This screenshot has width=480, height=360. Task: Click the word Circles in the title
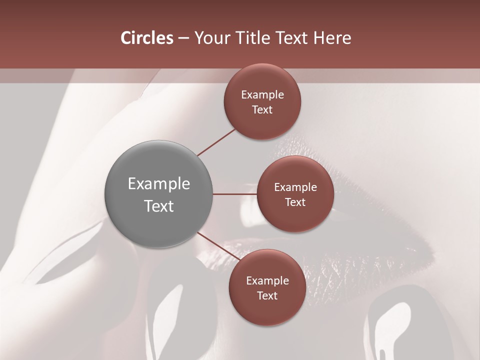tap(146, 38)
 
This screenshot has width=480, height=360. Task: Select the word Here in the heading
tap(332, 38)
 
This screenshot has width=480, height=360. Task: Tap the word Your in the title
tap(211, 38)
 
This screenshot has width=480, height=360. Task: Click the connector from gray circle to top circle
tap(216, 142)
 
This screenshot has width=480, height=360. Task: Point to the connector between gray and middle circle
tap(234, 194)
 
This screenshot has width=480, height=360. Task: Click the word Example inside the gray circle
tap(158, 184)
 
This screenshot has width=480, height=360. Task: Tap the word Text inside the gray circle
tap(158, 206)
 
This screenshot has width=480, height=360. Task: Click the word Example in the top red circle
tap(262, 95)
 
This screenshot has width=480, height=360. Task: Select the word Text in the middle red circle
tap(295, 202)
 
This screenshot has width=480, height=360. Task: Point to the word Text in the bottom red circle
tap(267, 295)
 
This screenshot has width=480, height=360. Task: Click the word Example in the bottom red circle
tap(267, 281)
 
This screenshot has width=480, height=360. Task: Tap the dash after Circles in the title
tap(183, 38)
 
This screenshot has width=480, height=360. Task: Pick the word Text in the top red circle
tap(262, 109)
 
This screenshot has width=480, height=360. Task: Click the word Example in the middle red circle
tap(295, 187)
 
